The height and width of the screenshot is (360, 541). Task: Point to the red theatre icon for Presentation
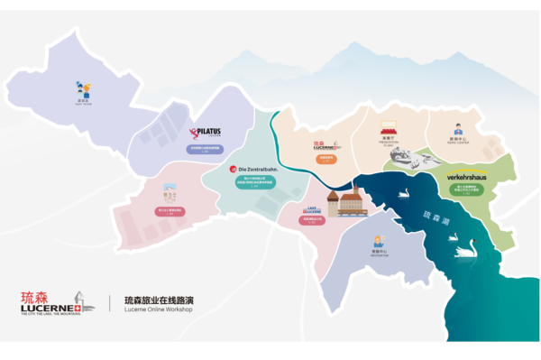389,128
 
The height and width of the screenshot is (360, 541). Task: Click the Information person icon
379,241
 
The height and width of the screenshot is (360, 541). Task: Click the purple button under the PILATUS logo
204,149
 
